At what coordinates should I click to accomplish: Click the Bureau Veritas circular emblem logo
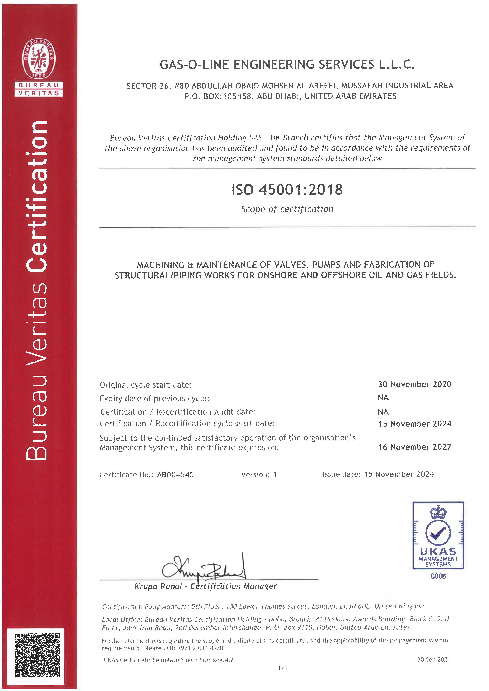click(38, 58)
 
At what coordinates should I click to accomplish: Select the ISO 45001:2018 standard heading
click(287, 190)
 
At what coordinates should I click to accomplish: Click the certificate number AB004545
click(175, 475)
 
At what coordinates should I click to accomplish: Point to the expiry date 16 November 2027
click(415, 447)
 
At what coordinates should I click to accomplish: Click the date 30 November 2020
click(415, 384)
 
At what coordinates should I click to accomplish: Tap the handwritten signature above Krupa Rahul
click(205, 568)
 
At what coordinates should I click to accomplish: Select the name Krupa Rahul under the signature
click(158, 586)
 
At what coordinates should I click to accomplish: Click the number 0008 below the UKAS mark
click(438, 576)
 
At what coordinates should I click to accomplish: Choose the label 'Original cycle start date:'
click(146, 385)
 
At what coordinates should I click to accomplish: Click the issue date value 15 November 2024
click(399, 474)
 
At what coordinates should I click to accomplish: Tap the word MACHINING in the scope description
click(161, 265)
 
